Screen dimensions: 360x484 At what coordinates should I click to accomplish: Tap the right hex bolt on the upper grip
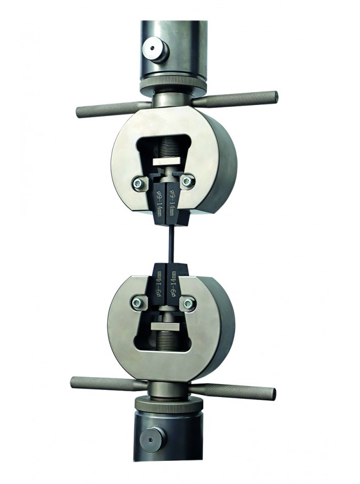[187, 181]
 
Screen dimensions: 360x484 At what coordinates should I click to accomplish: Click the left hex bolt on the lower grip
[137, 303]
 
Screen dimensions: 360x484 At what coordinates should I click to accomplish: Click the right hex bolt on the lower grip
[187, 304]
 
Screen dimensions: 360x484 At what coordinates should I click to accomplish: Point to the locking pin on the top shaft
[155, 49]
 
